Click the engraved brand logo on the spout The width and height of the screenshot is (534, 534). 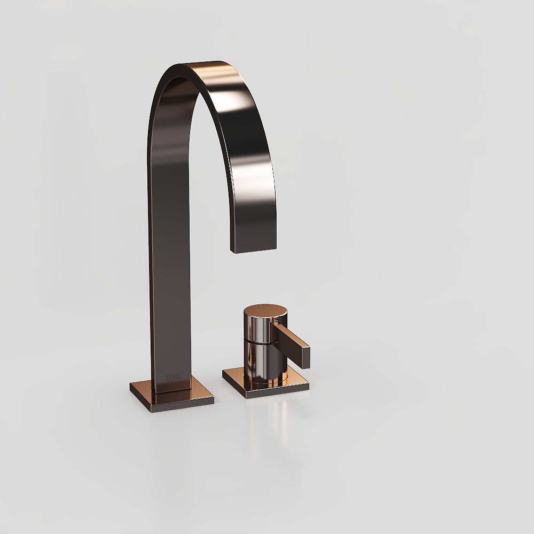174,377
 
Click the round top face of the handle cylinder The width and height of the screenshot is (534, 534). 265,312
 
